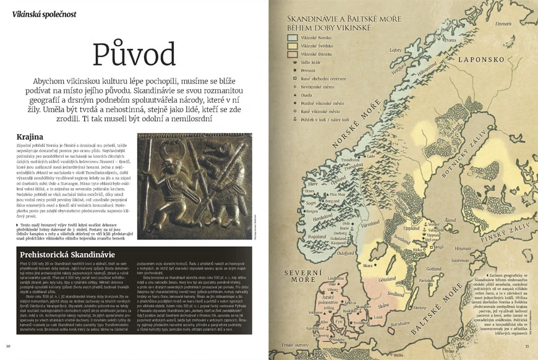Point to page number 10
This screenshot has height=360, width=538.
click(x=8, y=345)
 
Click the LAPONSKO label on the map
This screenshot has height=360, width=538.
click(x=480, y=61)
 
